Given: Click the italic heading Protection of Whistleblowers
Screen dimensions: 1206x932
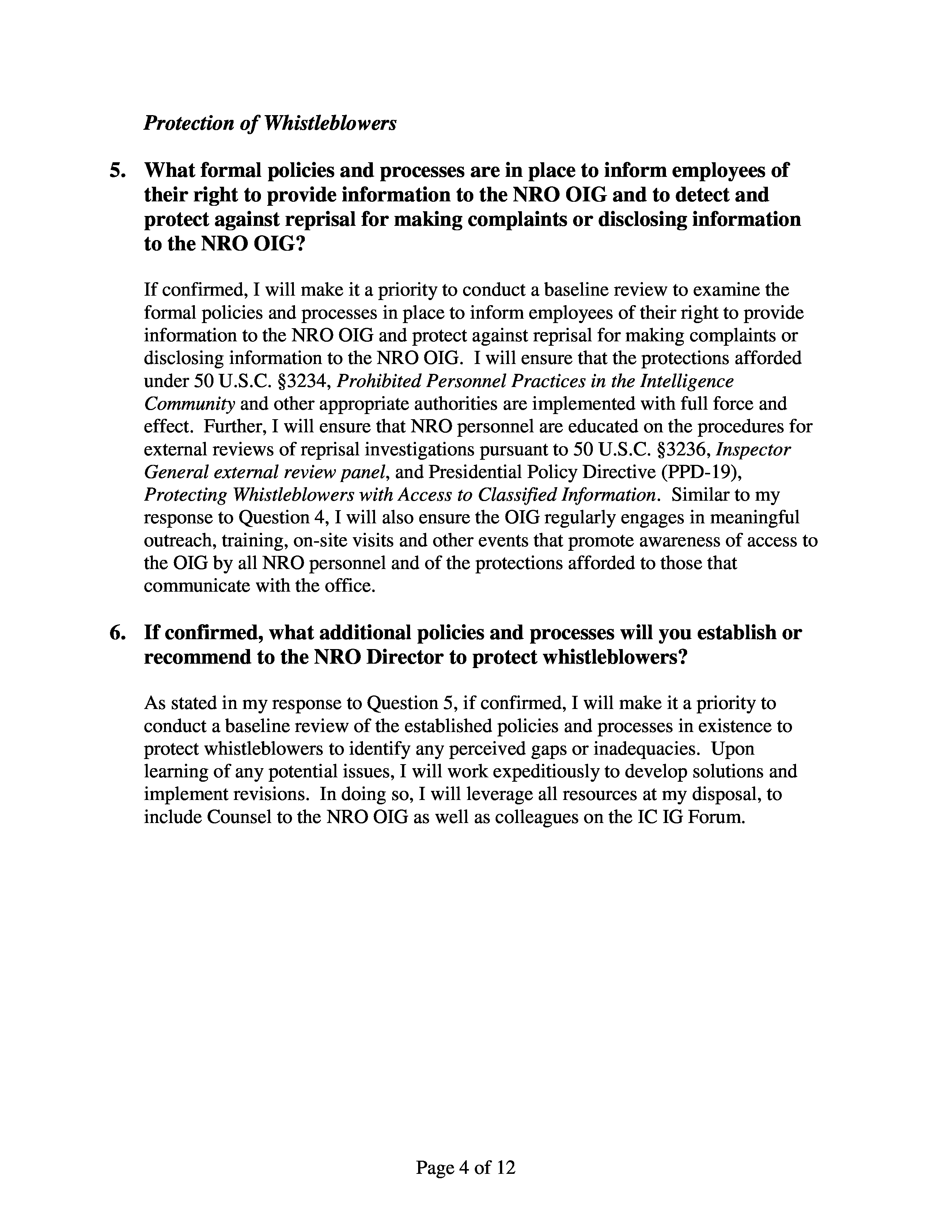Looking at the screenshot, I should coord(270,123).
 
